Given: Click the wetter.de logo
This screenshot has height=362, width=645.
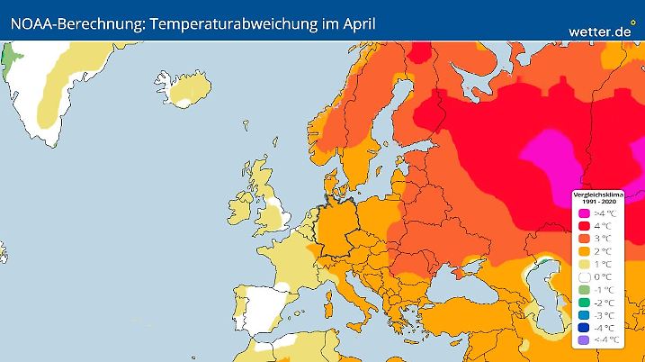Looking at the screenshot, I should [601, 30].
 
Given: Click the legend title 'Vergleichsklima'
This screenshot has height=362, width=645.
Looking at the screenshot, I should [598, 194].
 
